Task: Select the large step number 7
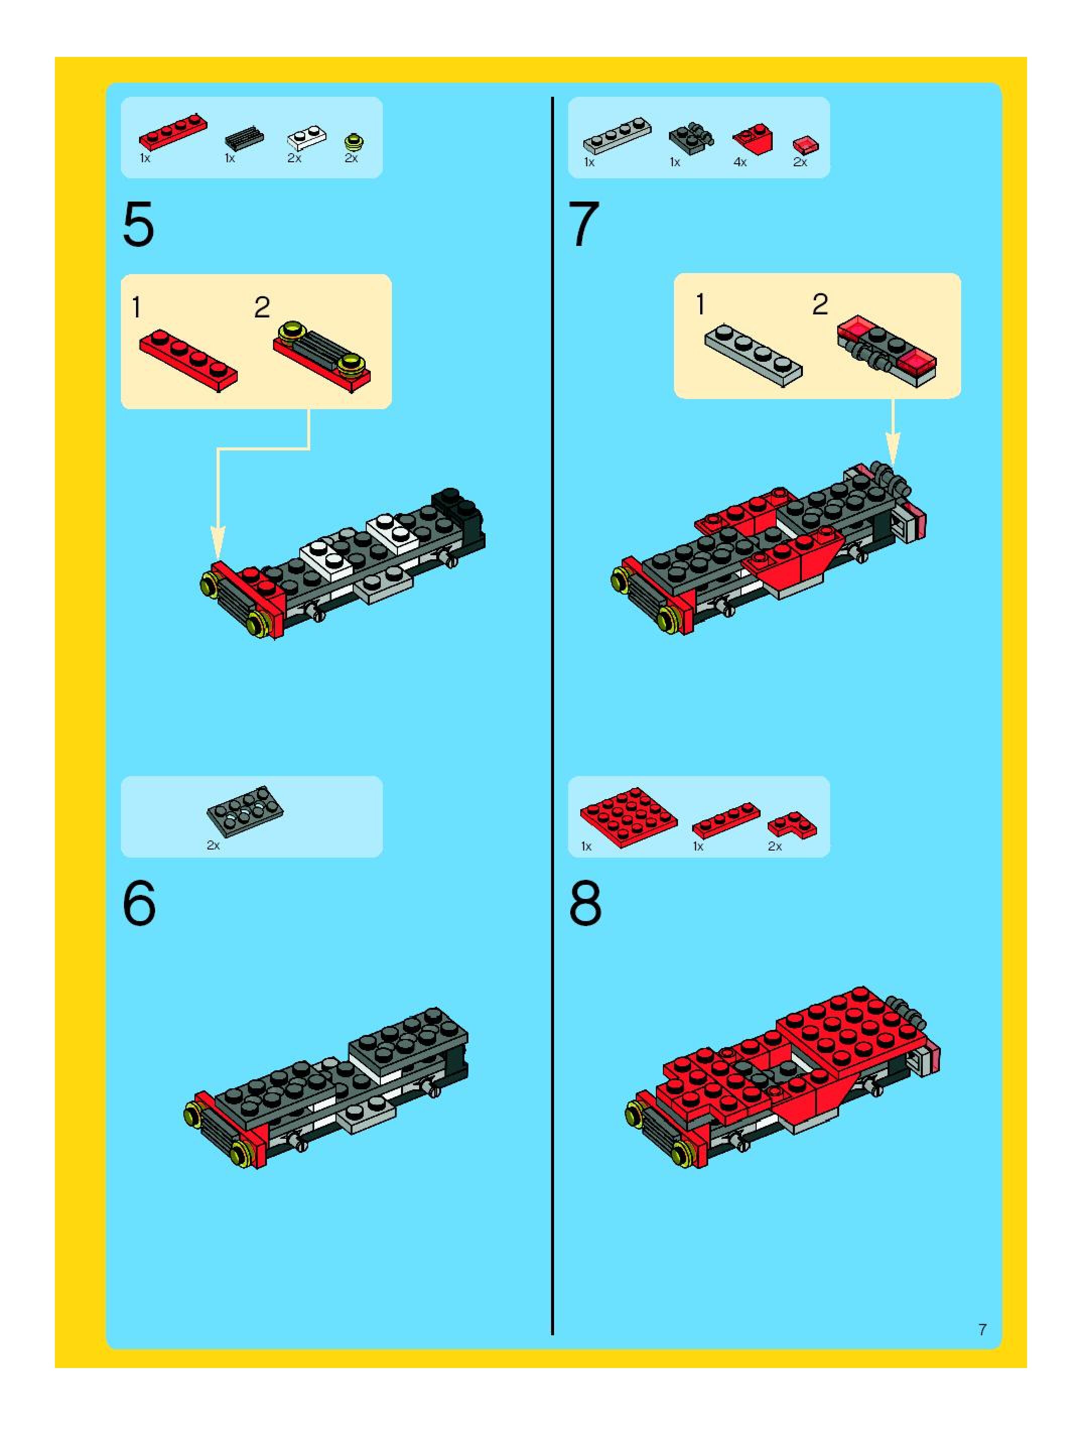[x=584, y=224]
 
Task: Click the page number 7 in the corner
[x=982, y=1330]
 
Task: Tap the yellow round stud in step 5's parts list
[x=354, y=142]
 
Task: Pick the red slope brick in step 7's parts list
[x=753, y=139]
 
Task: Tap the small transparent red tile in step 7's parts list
[x=806, y=145]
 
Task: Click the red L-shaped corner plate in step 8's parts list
[x=792, y=824]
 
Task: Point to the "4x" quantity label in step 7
[x=739, y=162]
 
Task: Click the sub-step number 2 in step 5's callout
[x=261, y=307]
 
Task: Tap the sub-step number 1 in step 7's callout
[x=700, y=304]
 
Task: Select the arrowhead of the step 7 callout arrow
[x=893, y=447]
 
